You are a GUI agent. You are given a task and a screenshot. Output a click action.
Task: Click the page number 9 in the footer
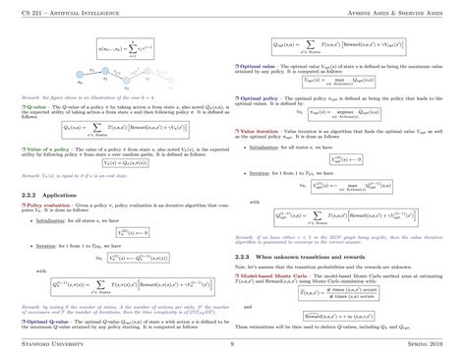pos(232,346)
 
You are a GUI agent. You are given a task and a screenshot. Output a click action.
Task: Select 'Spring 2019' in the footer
pos(432,346)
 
